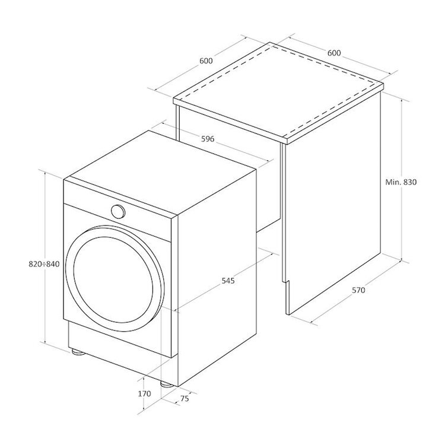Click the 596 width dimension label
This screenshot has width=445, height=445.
pyautogui.click(x=208, y=139)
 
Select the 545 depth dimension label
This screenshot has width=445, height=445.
pyautogui.click(x=228, y=281)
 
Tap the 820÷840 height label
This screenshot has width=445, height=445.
pyautogui.click(x=44, y=264)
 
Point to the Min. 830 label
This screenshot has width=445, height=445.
pyautogui.click(x=401, y=182)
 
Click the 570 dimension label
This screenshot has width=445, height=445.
pyautogui.click(x=358, y=290)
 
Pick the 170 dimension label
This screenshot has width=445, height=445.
pyautogui.click(x=144, y=393)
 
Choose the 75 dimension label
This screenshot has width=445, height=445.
pyautogui.click(x=185, y=399)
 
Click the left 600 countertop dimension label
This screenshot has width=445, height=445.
pyautogui.click(x=206, y=61)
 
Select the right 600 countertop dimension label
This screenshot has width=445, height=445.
pyautogui.click(x=334, y=53)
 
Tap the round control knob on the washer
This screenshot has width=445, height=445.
pyautogui.click(x=118, y=211)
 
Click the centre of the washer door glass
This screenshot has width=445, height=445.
pyautogui.click(x=113, y=279)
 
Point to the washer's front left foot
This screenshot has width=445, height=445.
pyautogui.click(x=77, y=352)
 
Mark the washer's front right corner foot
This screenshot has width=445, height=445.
pyautogui.click(x=167, y=384)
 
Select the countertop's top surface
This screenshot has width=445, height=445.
pyautogui.click(x=278, y=91)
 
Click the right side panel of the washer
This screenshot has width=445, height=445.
pyautogui.click(x=217, y=278)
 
